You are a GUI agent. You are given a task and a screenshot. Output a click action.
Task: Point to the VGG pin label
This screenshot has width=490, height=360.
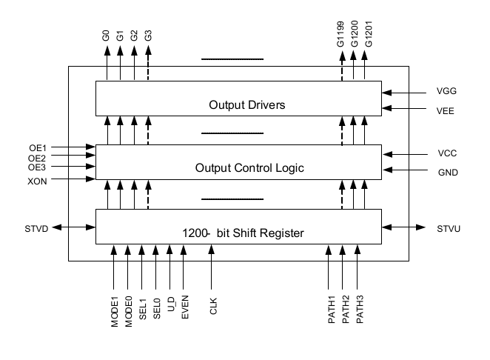[x=446, y=93]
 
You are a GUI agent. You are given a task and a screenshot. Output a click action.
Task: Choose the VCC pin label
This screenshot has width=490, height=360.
[x=446, y=155]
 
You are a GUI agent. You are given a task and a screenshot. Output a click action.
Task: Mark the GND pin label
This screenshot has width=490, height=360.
[x=447, y=172]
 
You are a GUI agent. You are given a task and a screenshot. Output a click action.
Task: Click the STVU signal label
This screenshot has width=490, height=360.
[x=449, y=228]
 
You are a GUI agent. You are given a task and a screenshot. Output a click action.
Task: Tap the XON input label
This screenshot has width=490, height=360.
[x=36, y=181]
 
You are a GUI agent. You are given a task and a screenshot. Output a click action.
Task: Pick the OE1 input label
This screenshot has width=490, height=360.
[x=37, y=147]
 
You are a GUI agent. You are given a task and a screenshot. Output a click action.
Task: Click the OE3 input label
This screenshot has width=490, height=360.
[x=37, y=167]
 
